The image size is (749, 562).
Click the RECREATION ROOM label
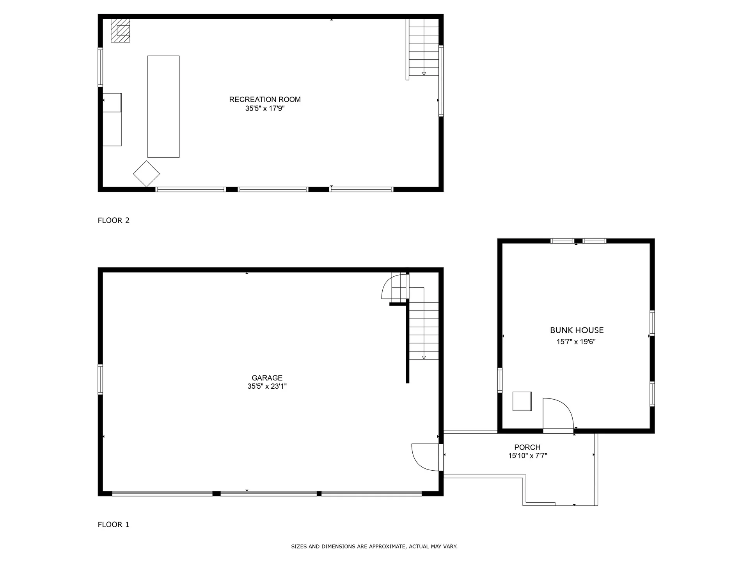point(264,100)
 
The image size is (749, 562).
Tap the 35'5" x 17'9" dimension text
point(264,108)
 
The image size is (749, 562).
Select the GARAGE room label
point(267,378)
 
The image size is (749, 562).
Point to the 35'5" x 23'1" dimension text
point(267,386)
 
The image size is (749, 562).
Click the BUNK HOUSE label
point(577,330)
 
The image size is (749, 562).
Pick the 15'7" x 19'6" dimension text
point(576,342)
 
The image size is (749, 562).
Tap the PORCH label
point(527,447)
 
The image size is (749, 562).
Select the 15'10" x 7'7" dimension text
point(527,456)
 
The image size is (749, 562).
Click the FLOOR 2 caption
point(114,221)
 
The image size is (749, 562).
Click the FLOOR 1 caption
point(114,525)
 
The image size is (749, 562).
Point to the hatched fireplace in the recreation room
point(120,30)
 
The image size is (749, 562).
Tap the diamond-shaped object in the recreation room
point(146,174)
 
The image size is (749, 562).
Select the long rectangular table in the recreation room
point(163,107)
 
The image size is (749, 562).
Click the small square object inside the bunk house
point(522,401)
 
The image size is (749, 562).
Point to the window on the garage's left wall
point(100,379)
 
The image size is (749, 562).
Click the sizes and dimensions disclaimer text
point(374,547)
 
